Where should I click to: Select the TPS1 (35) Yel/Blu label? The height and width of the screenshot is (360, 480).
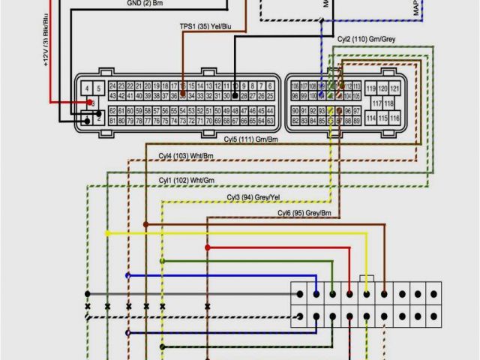[x=205, y=26]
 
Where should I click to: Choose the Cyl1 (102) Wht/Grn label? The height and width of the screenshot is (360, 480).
[x=186, y=181]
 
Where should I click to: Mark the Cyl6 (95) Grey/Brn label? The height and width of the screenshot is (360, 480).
[x=304, y=214]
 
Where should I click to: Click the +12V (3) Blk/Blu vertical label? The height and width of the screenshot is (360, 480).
[x=46, y=45]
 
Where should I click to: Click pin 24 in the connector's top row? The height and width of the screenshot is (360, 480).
[x=112, y=85]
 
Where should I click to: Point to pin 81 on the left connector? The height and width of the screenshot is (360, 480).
[x=112, y=120]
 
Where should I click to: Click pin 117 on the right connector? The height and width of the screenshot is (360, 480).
[x=376, y=103]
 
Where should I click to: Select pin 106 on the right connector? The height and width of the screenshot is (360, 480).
[x=295, y=85]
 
